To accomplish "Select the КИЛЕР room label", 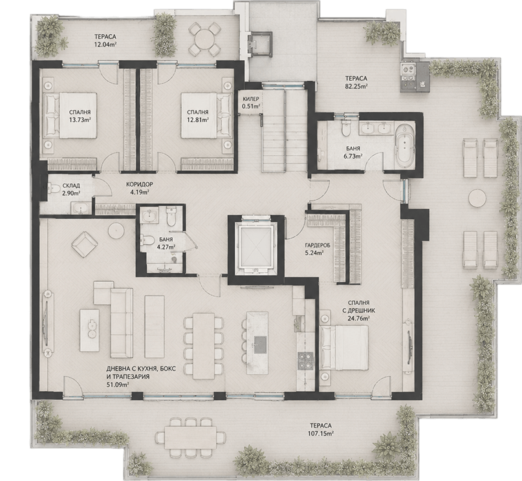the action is point(252,99).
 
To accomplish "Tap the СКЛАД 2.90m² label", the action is point(71,189).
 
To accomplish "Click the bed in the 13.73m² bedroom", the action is point(71,116).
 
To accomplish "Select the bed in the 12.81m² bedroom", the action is point(206,116).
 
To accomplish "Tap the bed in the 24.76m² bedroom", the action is point(344,348).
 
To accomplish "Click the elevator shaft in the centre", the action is point(256,250).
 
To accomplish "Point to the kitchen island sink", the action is point(260,345).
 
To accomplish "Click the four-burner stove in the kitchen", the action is point(305,361).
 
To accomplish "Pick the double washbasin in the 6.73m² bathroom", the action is point(376,128).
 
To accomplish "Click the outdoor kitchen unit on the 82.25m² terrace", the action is point(415,77).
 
